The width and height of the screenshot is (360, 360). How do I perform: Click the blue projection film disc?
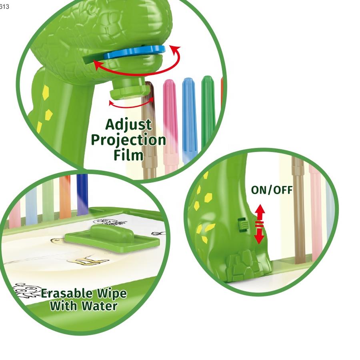134,52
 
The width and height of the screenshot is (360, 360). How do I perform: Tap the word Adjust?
128,125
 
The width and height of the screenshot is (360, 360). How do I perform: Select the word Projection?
128,140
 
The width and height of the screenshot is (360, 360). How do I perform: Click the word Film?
128,155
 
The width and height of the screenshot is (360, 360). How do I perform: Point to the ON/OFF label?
272,190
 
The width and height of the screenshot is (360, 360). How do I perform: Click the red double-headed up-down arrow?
259,224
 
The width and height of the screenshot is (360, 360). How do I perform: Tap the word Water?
100,306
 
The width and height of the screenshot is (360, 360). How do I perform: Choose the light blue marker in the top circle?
190,119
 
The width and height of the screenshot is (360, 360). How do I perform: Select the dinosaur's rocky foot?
249,266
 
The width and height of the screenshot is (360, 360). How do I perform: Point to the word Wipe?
112,294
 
